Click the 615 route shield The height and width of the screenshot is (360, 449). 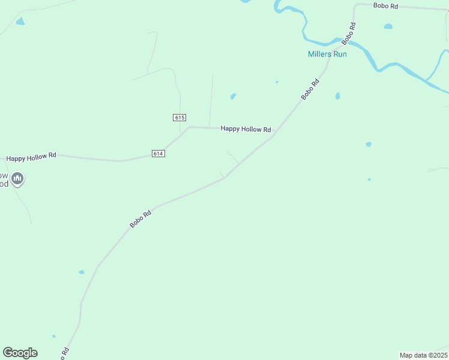[179, 118]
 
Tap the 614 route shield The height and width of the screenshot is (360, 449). [158, 154]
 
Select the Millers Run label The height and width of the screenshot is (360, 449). [327, 54]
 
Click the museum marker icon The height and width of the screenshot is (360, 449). [18, 178]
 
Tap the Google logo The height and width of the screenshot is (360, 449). [20, 353]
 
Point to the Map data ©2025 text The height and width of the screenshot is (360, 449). [423, 355]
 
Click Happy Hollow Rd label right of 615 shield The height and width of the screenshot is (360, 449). [246, 129]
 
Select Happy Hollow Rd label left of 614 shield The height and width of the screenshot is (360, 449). [31, 157]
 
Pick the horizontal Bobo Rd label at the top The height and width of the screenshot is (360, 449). [385, 6]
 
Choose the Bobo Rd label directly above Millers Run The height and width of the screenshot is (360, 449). [349, 34]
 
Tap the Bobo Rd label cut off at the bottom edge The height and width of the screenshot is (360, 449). [64, 353]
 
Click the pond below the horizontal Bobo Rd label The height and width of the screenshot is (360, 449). [388, 26]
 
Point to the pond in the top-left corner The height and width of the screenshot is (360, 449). [20, 22]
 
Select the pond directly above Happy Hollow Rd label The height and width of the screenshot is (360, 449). [233, 96]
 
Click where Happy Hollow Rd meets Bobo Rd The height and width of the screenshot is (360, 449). [274, 136]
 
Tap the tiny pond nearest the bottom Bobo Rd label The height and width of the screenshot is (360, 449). [53, 337]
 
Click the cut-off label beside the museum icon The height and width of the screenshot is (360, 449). [4, 179]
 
